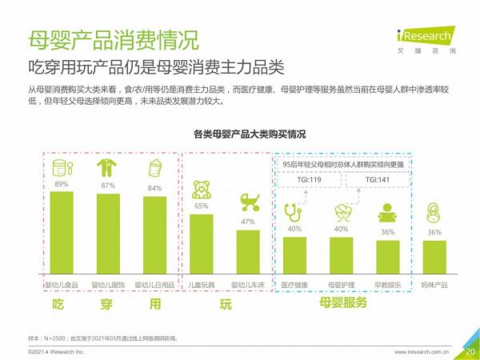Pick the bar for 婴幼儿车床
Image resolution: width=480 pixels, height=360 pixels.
tap(248, 254)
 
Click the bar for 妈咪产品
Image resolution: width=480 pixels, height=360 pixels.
tap(434, 258)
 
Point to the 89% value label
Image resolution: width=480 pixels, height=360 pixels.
tap(61, 185)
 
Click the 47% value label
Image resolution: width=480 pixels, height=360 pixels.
tap(248, 222)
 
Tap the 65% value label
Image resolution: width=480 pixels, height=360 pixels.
tap(202, 206)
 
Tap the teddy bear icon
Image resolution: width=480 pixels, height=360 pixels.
tap(202, 190)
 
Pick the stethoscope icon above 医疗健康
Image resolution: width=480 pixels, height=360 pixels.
tap(294, 213)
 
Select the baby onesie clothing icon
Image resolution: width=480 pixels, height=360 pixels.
tap(107, 168)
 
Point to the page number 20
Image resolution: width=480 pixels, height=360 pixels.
tap(470, 350)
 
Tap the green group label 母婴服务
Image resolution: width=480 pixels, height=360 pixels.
tap(343, 303)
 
